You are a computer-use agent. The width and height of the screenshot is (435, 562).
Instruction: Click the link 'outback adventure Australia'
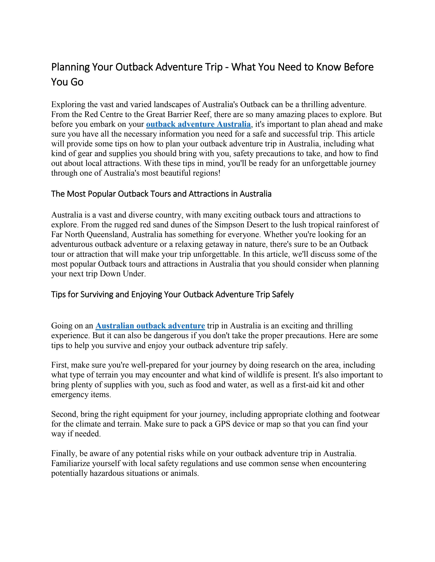(x=198, y=124)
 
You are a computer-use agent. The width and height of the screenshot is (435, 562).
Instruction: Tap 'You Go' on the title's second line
(x=67, y=82)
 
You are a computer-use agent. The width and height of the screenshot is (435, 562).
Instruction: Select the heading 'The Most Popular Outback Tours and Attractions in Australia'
(x=161, y=194)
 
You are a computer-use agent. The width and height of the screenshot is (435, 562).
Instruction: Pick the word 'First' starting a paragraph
(x=59, y=365)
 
